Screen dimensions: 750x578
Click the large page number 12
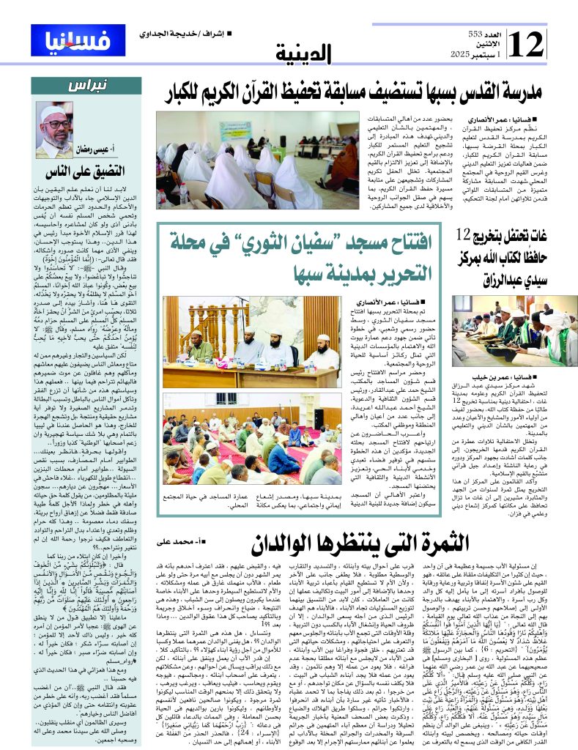[525, 45]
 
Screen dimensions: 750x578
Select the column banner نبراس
[90, 85]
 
